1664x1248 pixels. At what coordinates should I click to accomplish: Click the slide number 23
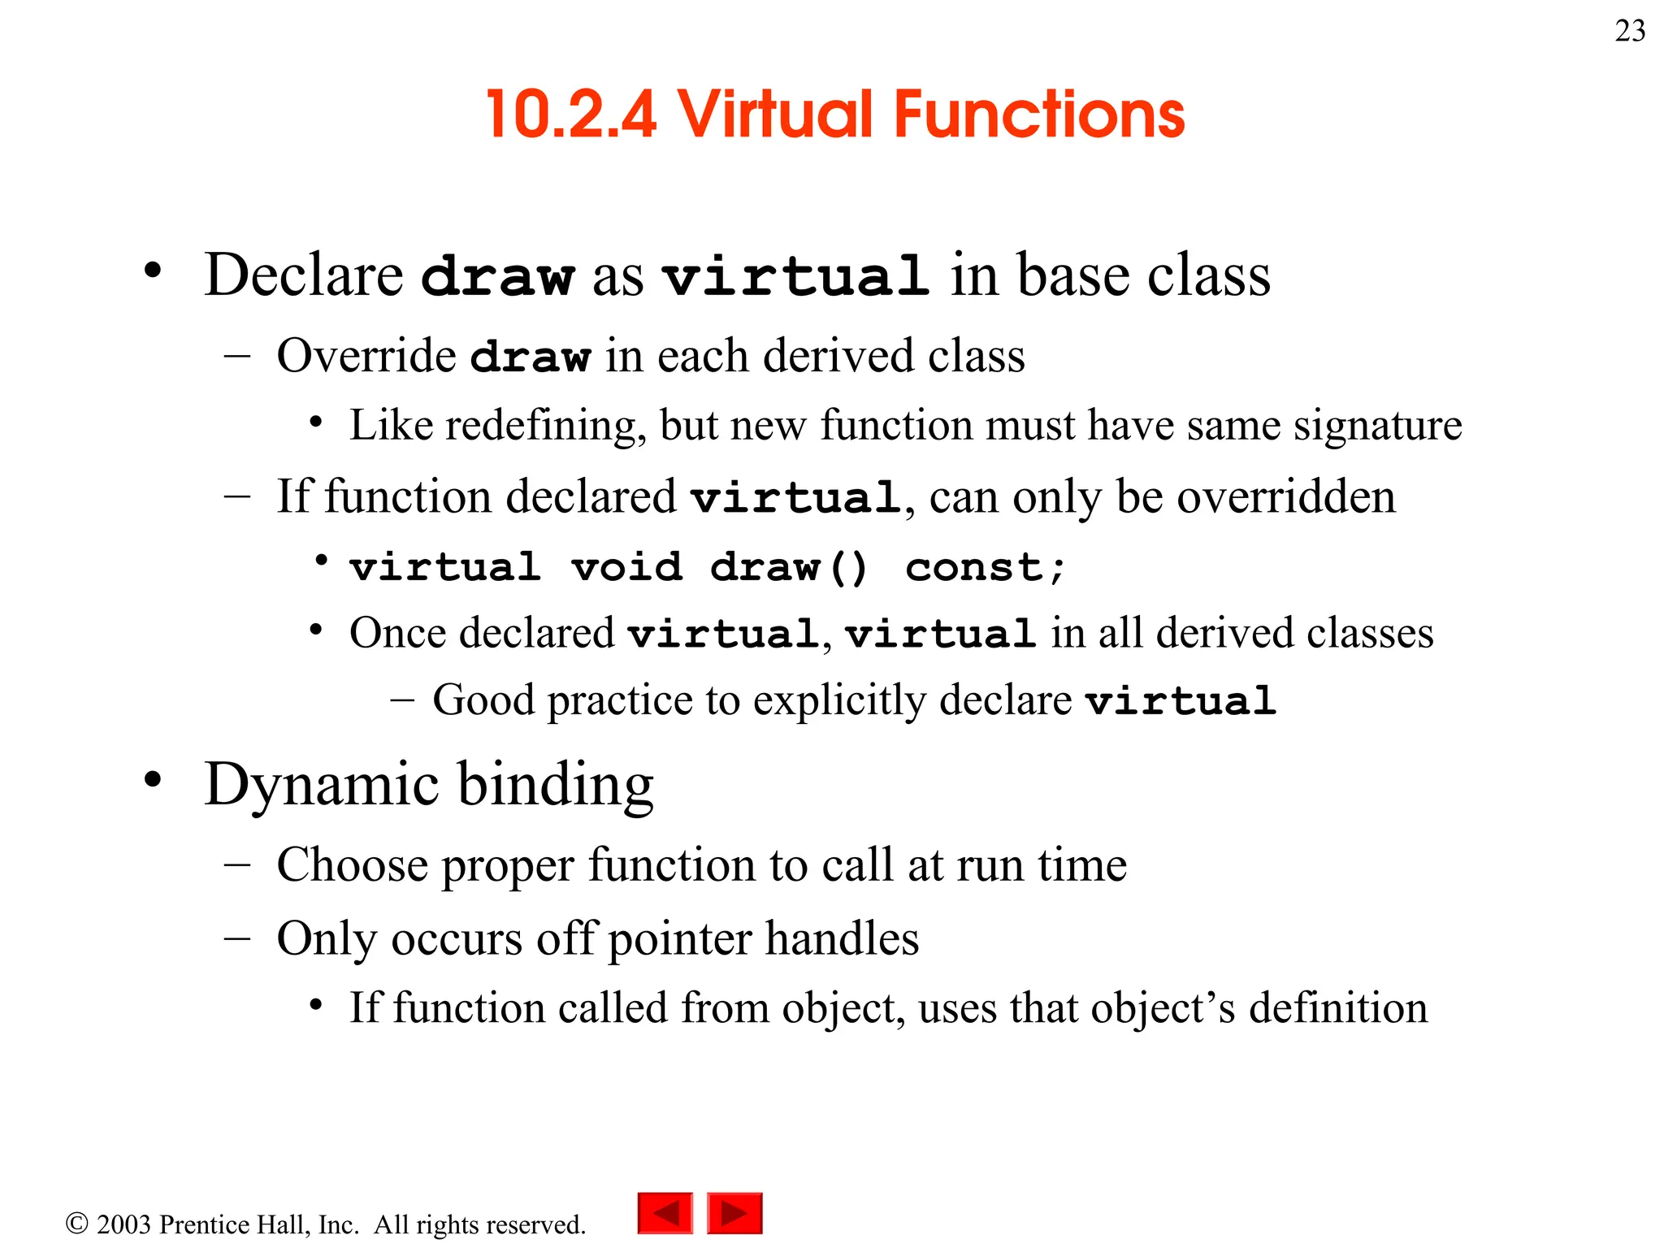click(1630, 32)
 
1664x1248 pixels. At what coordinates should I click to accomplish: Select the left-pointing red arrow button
click(665, 1213)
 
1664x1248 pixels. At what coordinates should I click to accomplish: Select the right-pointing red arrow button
click(734, 1213)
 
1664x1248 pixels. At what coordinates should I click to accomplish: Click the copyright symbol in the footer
click(76, 1224)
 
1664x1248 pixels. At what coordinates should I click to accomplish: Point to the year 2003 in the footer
click(123, 1224)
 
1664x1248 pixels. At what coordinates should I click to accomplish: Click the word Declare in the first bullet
click(304, 275)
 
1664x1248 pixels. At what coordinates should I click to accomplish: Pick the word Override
click(366, 356)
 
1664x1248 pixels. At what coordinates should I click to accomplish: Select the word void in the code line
click(626, 567)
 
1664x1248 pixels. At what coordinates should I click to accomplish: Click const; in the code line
click(985, 567)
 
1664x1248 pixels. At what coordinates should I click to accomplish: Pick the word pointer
click(680, 940)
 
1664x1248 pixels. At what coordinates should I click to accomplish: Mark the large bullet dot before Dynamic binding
click(153, 780)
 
